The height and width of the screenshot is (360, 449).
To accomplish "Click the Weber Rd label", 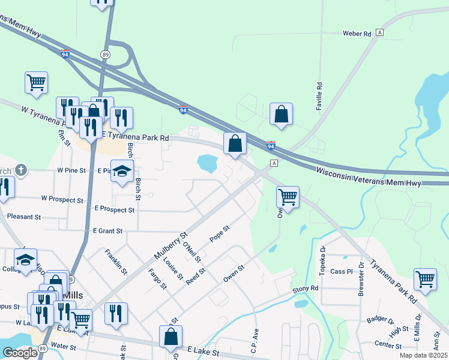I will click(357, 34).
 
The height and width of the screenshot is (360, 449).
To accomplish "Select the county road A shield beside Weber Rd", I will click(379, 32).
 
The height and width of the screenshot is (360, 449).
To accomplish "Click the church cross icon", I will click(22, 170).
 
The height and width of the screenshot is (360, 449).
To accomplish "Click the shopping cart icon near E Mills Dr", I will click(425, 280).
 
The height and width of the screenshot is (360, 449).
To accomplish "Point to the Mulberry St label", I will click(171, 246).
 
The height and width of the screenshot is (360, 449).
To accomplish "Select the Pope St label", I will click(220, 233).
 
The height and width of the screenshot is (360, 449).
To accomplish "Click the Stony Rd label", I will click(306, 289).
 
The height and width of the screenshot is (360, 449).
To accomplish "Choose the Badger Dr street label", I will click(379, 319).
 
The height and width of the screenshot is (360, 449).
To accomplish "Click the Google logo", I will click(20, 353).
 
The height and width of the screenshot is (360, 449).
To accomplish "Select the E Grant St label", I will click(107, 230).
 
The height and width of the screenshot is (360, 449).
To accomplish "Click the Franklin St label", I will click(116, 262).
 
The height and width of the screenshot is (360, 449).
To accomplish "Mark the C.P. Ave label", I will click(255, 340).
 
